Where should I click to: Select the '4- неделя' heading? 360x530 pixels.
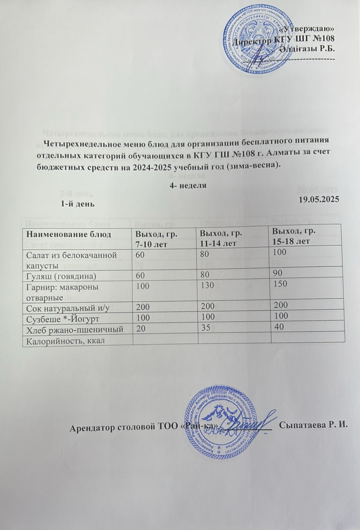pos(188,186)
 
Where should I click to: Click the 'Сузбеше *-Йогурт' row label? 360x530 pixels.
pos(62,318)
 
